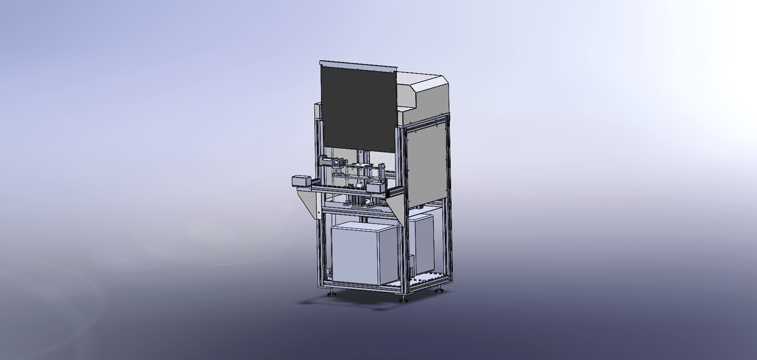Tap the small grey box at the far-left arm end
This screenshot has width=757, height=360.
pos(299,181)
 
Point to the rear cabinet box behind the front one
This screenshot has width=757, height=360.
pos(421,243)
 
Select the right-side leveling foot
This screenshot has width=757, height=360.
pos(439,290)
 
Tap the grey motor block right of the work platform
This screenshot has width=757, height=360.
pos(375,187)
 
